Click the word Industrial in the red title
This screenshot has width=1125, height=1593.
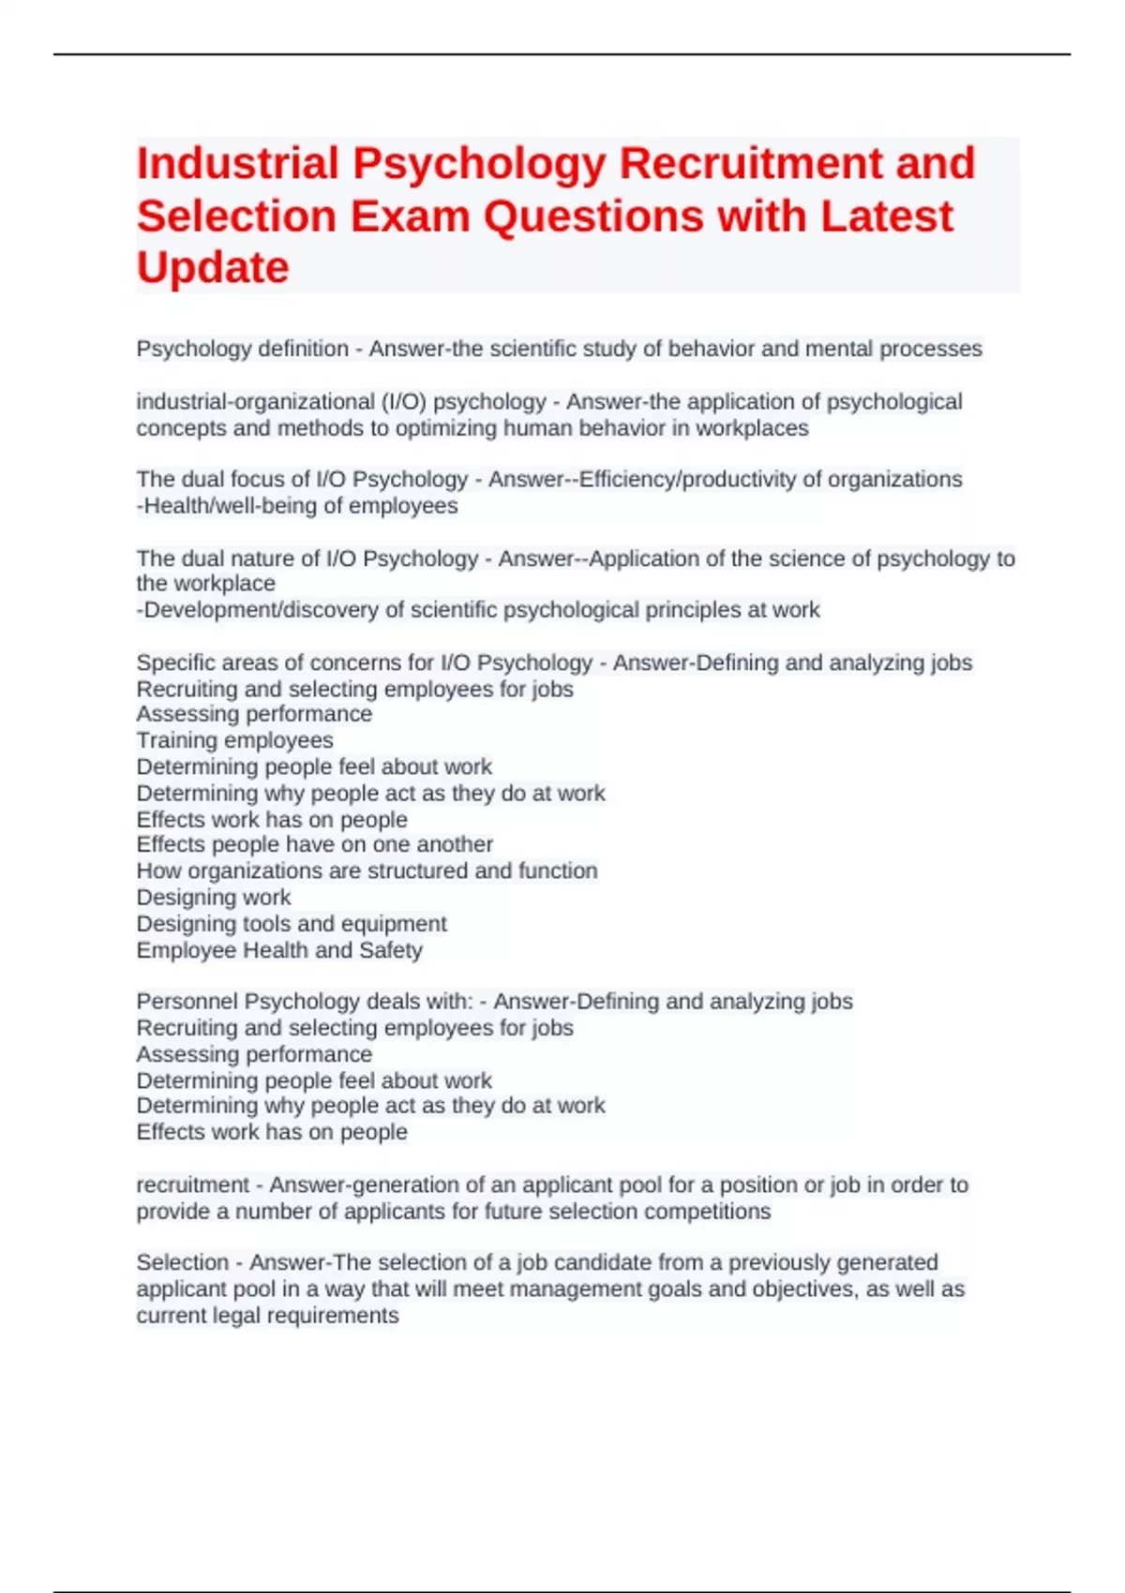(237, 164)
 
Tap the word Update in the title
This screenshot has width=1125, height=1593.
(213, 268)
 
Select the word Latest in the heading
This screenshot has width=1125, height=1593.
(886, 216)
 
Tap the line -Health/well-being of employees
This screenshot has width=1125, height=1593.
(297, 506)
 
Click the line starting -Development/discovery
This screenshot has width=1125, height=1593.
(478, 610)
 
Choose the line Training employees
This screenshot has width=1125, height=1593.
(234, 740)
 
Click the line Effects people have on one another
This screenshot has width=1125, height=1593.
(314, 844)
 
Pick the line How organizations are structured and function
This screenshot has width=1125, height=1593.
(367, 871)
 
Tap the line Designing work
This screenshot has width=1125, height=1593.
(214, 897)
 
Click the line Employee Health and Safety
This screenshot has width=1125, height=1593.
(279, 950)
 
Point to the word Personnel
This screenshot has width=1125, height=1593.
(187, 1002)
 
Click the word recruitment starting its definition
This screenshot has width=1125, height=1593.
(193, 1185)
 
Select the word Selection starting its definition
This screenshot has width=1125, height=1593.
(183, 1263)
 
